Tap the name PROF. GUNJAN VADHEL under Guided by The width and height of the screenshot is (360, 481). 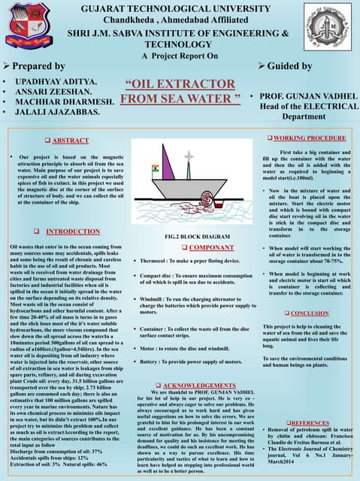click(x=308, y=97)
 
